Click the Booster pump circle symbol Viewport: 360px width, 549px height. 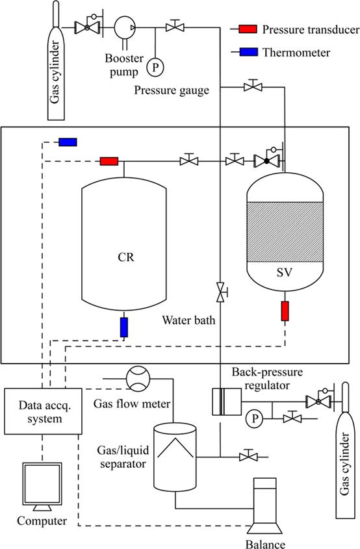click(x=125, y=27)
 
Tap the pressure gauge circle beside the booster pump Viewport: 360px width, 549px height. click(x=155, y=66)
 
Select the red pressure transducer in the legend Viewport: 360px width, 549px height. click(x=248, y=29)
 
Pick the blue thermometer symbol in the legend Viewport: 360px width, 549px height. click(x=248, y=52)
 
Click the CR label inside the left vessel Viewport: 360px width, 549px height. click(x=126, y=257)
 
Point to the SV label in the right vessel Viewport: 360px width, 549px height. click(x=285, y=272)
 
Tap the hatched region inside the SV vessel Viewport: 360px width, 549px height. click(x=285, y=231)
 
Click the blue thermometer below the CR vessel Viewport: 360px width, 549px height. click(x=124, y=327)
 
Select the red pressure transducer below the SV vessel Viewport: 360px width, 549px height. click(x=285, y=311)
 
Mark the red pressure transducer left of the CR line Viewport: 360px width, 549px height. click(x=109, y=161)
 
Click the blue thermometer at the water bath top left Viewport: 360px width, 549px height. click(x=68, y=142)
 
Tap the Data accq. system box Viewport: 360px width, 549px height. click(x=43, y=411)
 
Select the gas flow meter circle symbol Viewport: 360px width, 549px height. click(x=138, y=379)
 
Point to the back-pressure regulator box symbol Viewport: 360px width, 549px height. click(x=227, y=402)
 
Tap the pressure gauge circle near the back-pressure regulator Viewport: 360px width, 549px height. click(x=255, y=418)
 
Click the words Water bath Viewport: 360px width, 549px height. click(x=188, y=320)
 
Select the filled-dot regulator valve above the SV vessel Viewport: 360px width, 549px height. click(x=266, y=161)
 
